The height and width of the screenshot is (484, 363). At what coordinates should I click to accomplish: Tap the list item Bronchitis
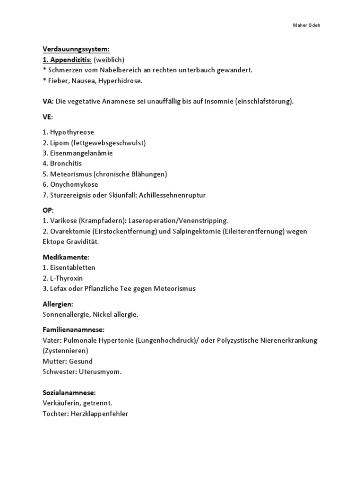(x=66, y=164)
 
